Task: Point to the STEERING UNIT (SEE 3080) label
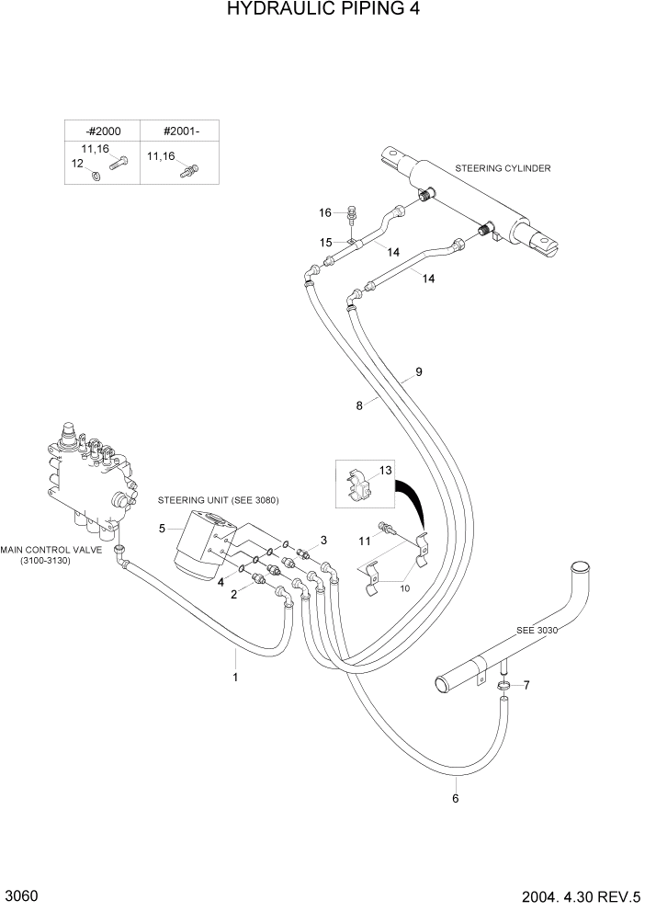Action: click(218, 500)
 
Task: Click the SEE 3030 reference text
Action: click(537, 631)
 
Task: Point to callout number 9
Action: click(418, 372)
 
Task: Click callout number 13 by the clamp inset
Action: click(386, 470)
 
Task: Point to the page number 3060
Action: click(21, 895)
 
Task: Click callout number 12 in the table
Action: click(77, 163)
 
